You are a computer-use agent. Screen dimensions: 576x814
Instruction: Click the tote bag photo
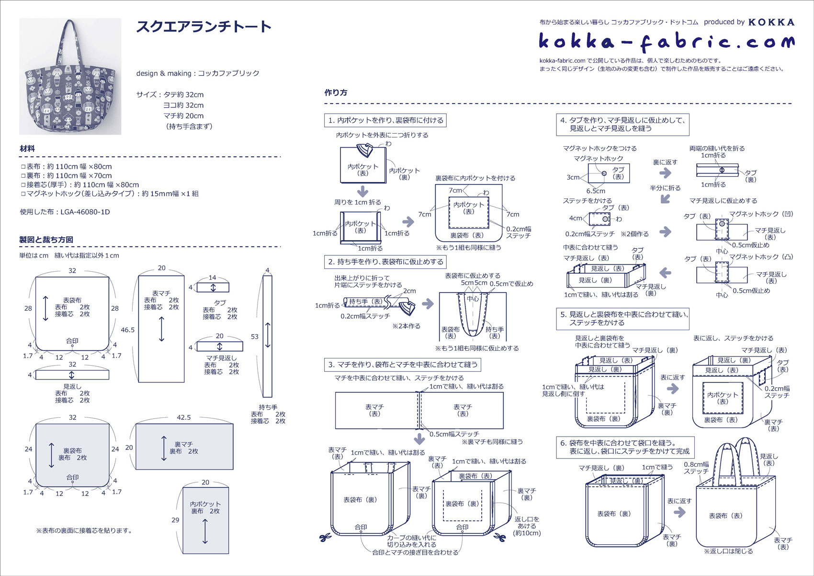coord(70,77)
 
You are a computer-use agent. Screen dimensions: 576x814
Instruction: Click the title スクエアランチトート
coord(204,27)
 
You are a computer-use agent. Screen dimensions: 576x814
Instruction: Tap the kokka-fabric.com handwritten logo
coord(666,42)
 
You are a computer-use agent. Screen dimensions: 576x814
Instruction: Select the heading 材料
coord(27,149)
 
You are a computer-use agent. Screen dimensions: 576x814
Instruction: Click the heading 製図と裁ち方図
coord(46,240)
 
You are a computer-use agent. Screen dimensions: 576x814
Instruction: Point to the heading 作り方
coord(336,92)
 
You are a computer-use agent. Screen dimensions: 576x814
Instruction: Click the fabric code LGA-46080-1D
coord(85,212)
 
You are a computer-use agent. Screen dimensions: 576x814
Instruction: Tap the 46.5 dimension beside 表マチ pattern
coord(127,330)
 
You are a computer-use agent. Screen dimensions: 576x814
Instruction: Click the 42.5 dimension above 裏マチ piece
coord(184,417)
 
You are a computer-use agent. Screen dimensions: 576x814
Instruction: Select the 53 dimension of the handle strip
coord(254,336)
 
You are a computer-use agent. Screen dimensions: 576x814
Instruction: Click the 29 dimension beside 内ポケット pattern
coord(175,519)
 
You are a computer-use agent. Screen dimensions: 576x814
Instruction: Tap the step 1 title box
coord(385,120)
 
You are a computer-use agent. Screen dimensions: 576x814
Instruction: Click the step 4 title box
coord(622,124)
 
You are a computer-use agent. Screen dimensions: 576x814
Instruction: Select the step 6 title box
coord(625,447)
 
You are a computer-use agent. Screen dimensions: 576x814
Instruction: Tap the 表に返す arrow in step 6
coord(679,512)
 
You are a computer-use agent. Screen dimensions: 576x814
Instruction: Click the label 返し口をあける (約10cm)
coord(527,526)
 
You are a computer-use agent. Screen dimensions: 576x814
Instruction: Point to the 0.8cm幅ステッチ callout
coord(696,468)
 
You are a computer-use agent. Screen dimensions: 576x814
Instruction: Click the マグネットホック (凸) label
coord(761,257)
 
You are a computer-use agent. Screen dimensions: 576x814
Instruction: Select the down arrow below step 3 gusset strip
coord(419,438)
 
